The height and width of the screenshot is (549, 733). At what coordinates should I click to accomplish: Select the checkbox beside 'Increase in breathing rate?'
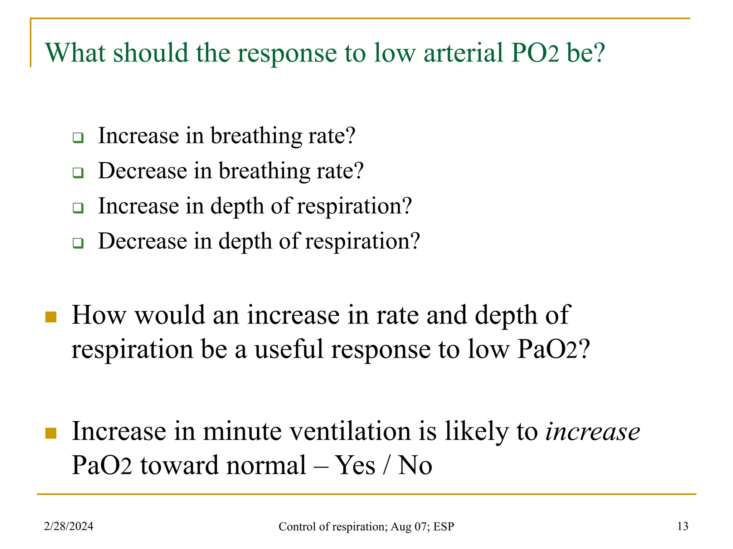coord(78,138)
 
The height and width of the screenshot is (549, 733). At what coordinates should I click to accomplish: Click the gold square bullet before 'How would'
coord(51,317)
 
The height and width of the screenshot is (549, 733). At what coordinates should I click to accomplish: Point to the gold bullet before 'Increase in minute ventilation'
coord(51,433)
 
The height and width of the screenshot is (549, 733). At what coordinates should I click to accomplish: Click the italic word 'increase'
coord(592,431)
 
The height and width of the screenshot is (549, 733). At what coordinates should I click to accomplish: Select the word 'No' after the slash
coord(415,465)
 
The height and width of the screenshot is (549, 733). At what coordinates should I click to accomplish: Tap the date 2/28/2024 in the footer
coord(69,526)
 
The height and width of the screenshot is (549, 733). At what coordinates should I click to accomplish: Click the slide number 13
coord(683,526)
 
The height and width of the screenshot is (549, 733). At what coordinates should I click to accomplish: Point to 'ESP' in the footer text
coord(443,526)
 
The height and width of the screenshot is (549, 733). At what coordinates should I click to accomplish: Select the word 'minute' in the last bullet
coord(242,431)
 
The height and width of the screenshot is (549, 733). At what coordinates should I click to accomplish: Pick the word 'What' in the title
coord(76,53)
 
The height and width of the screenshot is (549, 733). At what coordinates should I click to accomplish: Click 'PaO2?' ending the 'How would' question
coord(553,349)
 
